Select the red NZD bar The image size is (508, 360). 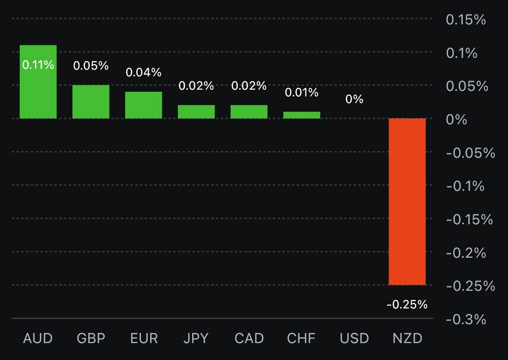(x=407, y=201)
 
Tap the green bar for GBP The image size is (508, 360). (x=91, y=102)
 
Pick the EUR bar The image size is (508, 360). (x=144, y=105)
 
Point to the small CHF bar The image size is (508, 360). (x=302, y=115)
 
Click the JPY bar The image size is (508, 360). (x=196, y=111)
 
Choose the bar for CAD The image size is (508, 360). (x=249, y=111)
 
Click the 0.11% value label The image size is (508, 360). (x=38, y=65)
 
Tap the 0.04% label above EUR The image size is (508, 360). (x=144, y=72)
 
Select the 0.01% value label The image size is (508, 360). (x=302, y=92)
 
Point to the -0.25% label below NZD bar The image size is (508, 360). (x=407, y=304)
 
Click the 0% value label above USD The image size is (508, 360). (x=354, y=99)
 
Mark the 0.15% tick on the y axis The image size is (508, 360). (x=466, y=19)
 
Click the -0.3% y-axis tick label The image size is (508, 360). (x=466, y=319)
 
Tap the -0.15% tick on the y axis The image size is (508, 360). (x=469, y=219)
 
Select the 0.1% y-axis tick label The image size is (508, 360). (x=462, y=53)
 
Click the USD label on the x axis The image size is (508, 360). (x=354, y=338)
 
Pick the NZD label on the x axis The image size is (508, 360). (x=407, y=338)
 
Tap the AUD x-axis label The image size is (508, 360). (x=38, y=338)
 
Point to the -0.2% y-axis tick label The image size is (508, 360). (x=466, y=253)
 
